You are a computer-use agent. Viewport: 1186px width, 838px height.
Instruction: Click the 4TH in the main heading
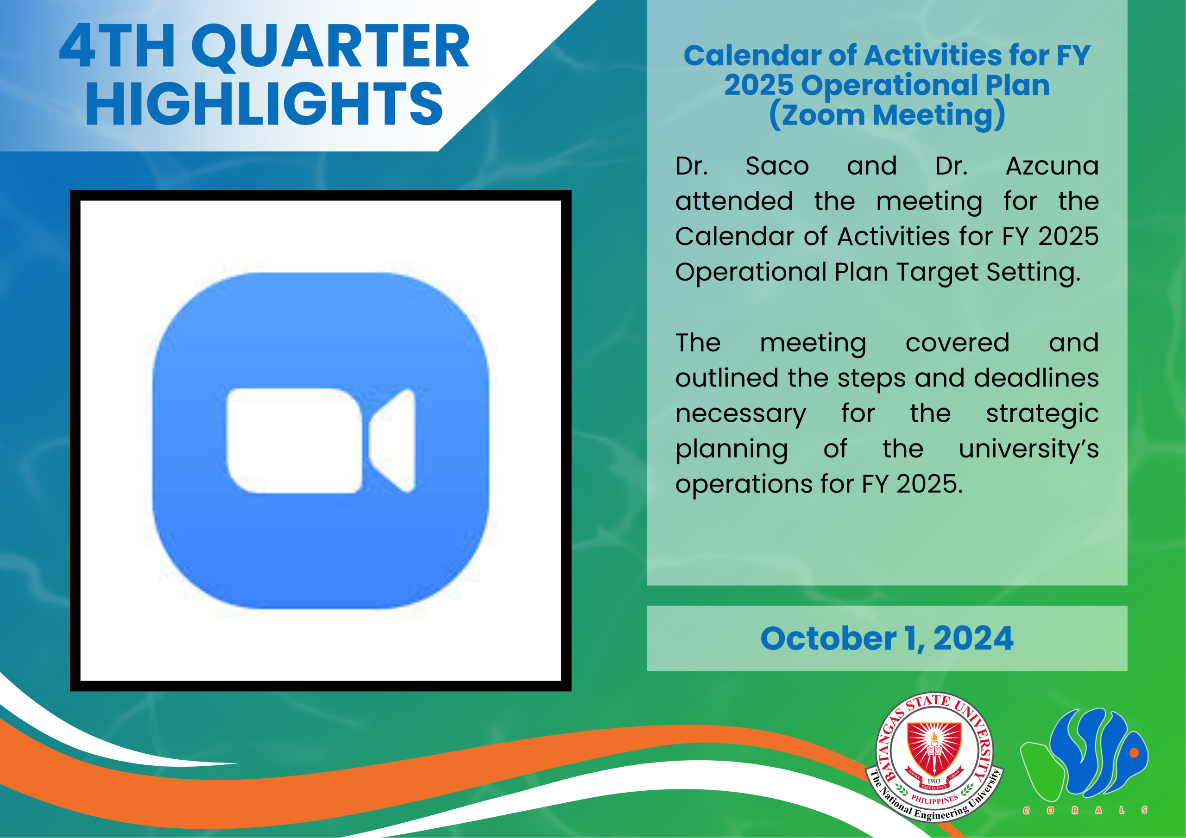coord(117,46)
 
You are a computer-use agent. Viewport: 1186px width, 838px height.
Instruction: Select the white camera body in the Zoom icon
coord(295,440)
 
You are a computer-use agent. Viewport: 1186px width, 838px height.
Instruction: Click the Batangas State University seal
coord(934,757)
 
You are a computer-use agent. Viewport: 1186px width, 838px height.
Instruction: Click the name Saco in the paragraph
coord(777,166)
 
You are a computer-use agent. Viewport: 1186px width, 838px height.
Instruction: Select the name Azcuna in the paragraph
coord(1052,166)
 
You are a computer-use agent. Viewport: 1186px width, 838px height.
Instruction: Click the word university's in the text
coord(1028,449)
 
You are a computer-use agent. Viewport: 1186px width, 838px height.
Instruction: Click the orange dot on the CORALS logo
coord(1134,752)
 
